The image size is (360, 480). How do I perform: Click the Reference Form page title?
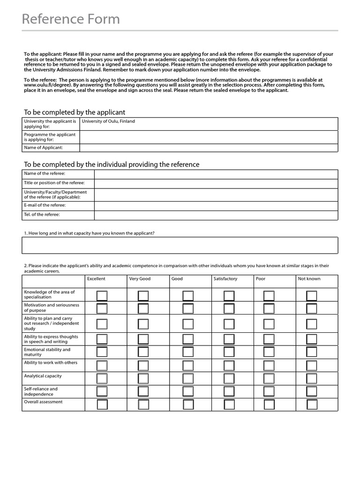click(x=71, y=19)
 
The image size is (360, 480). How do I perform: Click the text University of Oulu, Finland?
click(x=108, y=121)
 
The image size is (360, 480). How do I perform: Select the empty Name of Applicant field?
click(x=208, y=148)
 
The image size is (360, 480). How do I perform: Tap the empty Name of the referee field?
click(x=216, y=174)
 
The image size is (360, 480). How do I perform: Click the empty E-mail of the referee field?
click(x=216, y=206)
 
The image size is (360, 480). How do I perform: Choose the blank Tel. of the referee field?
click(x=216, y=215)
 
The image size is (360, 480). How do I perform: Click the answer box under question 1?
click(x=180, y=245)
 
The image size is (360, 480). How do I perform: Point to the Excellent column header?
click(x=96, y=279)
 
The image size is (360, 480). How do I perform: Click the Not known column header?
click(x=309, y=279)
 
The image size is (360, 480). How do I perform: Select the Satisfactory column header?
click(x=225, y=279)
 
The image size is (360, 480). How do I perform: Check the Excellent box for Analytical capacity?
click(x=102, y=378)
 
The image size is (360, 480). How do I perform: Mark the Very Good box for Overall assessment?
click(x=143, y=405)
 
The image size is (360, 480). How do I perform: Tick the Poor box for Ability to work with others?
click(x=269, y=365)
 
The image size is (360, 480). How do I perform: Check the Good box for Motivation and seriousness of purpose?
click(x=187, y=308)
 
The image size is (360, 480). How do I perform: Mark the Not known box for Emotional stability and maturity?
click(x=311, y=352)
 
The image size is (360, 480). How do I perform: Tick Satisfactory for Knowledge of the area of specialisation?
click(x=229, y=295)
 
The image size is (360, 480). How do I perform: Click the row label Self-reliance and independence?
click(x=41, y=391)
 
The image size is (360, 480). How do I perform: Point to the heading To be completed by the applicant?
click(x=75, y=112)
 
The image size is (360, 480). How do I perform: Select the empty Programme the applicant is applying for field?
click(x=208, y=137)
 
